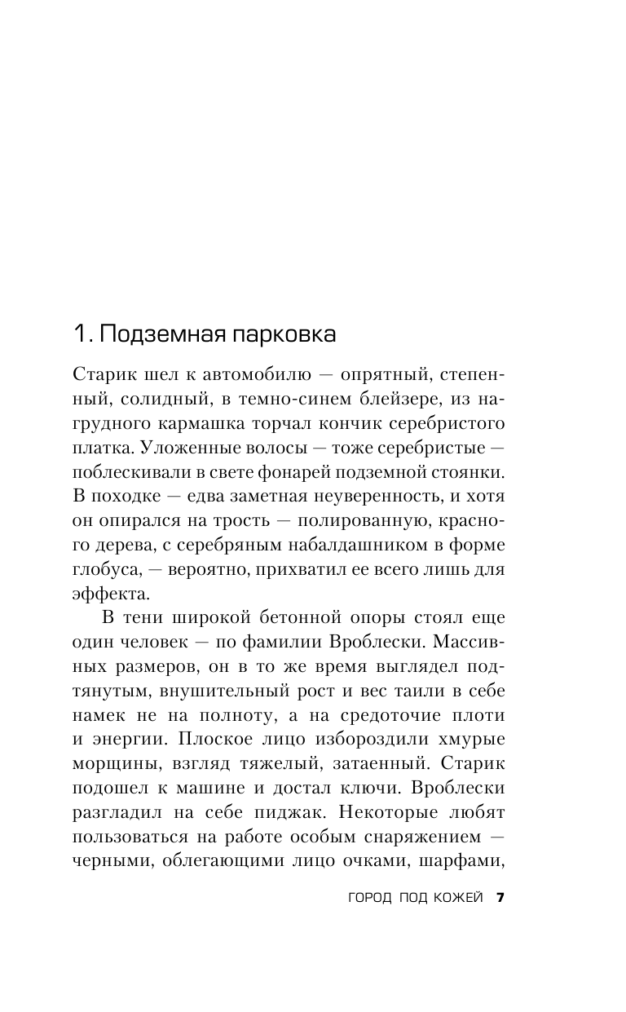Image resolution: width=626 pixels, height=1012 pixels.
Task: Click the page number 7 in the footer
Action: [x=500, y=898]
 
